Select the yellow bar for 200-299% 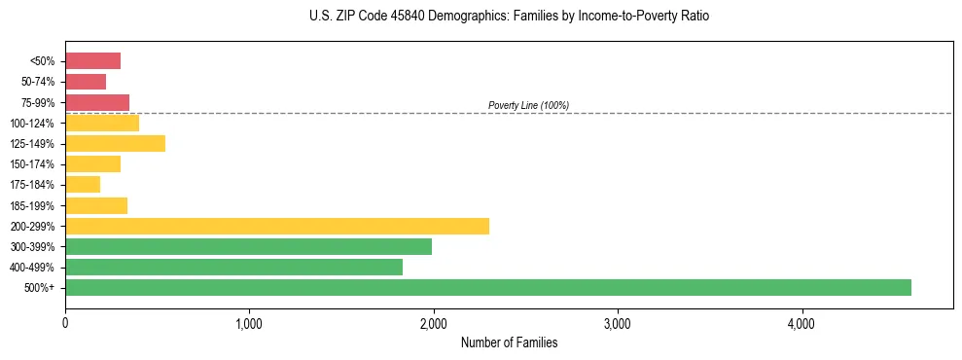pyautogui.click(x=277, y=226)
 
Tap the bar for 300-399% pyautogui.click(x=248, y=246)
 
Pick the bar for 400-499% pyautogui.click(x=233, y=267)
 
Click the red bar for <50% pyautogui.click(x=92, y=61)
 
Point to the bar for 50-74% pyautogui.click(x=86, y=82)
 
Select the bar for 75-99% pyautogui.click(x=97, y=102)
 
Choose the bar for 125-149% pyautogui.click(x=115, y=143)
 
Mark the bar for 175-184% pyautogui.click(x=83, y=185)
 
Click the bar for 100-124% pyautogui.click(x=102, y=123)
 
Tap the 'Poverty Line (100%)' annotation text pyautogui.click(x=528, y=105)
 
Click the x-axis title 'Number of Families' pyautogui.click(x=509, y=342)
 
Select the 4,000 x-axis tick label pyautogui.click(x=802, y=323)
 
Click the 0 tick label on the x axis pyautogui.click(x=65, y=323)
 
